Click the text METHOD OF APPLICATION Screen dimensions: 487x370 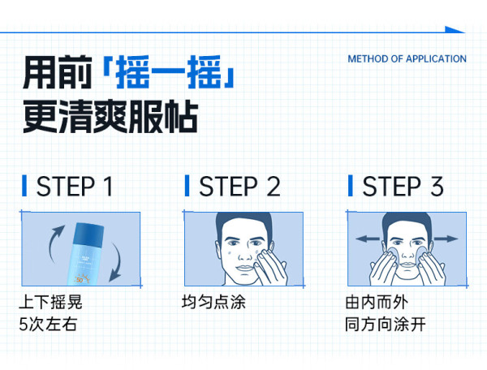click(407, 58)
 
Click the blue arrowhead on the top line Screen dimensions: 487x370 click(455, 30)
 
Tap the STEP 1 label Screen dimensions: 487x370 click(75, 187)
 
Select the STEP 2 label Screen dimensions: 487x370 click(239, 187)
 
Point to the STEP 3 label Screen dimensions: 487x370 click(403, 187)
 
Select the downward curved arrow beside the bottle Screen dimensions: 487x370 click(117, 262)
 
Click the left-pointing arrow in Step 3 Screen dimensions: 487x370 click(368, 239)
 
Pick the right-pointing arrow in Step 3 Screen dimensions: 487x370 click(446, 239)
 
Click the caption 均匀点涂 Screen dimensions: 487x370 click(213, 302)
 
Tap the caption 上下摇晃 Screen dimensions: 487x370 click(50, 302)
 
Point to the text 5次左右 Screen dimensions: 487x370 click(48, 325)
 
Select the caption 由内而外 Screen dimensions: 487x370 click(377, 302)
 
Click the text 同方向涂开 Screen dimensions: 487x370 click(385, 325)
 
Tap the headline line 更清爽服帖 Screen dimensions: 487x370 click(110, 117)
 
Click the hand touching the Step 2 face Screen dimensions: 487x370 click(269, 268)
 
